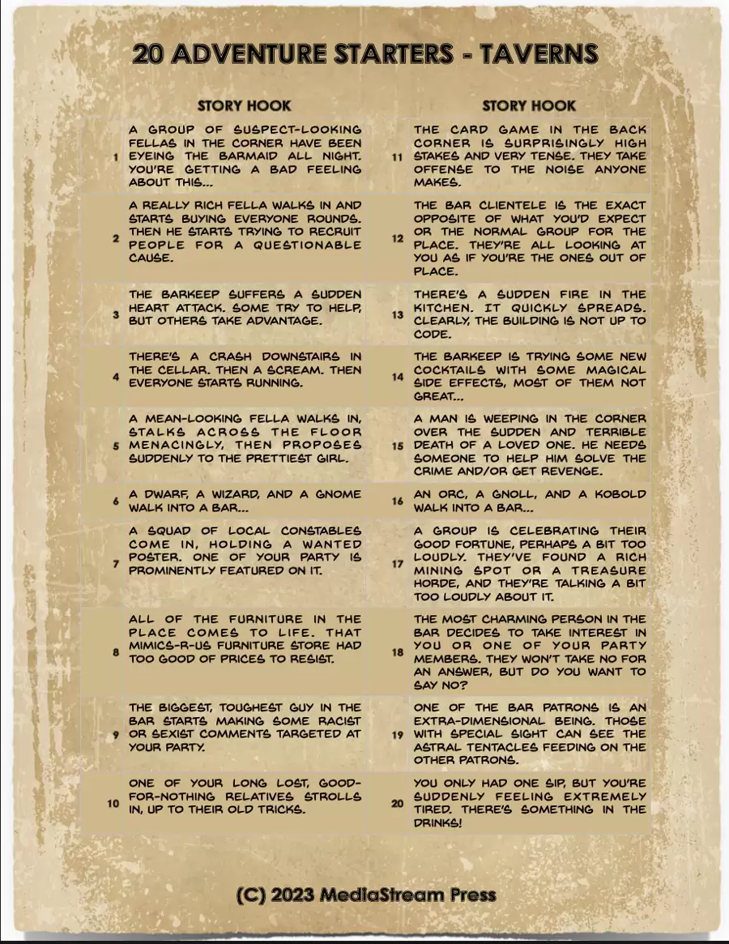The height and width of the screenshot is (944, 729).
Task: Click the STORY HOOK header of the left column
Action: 244,106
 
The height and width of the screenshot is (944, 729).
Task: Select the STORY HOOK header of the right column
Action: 529,106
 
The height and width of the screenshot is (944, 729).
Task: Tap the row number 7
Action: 117,563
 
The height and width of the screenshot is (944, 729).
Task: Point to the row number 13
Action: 398,314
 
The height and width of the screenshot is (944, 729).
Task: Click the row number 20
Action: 398,803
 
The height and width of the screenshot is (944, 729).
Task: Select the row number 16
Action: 398,501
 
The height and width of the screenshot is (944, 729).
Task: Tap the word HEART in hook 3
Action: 149,308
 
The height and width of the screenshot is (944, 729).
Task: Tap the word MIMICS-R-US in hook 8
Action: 173,646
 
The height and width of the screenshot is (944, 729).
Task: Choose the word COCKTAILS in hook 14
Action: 450,369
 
